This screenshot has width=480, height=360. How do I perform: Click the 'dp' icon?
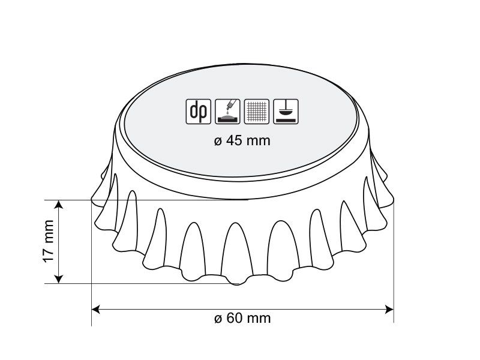tap(199, 112)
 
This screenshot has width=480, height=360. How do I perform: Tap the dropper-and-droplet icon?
tap(227, 112)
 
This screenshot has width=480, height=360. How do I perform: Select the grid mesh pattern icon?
tap(257, 112)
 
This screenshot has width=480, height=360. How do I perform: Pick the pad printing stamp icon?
tap(286, 112)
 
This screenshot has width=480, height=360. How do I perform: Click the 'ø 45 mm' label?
tap(242, 141)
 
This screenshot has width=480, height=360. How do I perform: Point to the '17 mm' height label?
tap(49, 241)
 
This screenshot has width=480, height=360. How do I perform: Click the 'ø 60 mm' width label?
tap(242, 318)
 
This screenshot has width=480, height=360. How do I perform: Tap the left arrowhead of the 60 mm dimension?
tap(95, 309)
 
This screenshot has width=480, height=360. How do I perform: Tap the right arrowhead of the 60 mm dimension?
tap(389, 309)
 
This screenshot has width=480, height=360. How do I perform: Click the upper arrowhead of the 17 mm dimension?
tap(58, 204)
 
